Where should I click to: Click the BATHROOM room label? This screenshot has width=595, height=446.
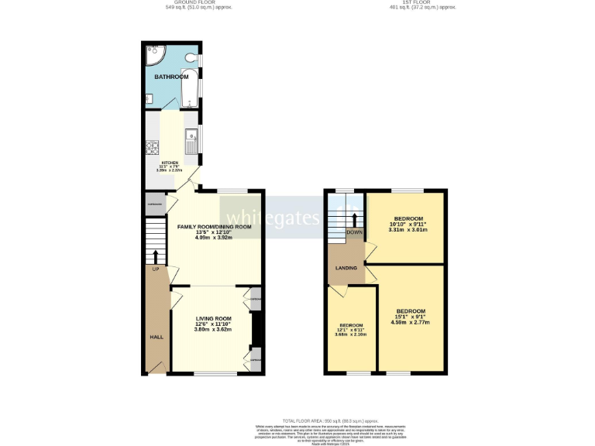pos(171,77)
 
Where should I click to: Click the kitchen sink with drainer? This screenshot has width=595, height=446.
pos(191,141)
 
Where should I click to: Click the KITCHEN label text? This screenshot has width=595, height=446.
pos(170,163)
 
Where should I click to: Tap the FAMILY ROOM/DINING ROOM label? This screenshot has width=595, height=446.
pos(215,227)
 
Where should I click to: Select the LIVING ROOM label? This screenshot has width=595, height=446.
pos(213,318)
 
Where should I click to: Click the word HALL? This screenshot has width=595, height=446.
pos(156,338)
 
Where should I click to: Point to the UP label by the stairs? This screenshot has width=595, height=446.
pos(155,269)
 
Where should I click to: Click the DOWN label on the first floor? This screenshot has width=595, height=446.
pos(354,232)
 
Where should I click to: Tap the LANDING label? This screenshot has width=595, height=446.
pos(346,268)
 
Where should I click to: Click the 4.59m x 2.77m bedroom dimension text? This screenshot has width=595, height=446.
pos(411,322)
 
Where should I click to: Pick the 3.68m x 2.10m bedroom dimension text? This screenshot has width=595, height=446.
pos(351,334)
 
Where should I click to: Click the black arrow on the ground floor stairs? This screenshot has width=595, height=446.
pos(156,256)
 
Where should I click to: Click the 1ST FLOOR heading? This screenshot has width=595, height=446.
pos(423,3)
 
